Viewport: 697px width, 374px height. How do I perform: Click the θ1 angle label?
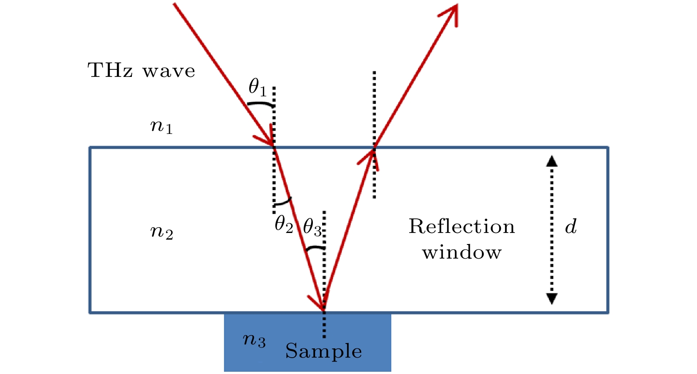(258, 87)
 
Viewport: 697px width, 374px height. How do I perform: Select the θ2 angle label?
(284, 225)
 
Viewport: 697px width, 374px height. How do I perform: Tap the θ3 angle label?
(312, 227)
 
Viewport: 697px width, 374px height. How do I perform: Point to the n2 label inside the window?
(162, 232)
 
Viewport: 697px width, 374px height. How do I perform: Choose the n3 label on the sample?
(254, 340)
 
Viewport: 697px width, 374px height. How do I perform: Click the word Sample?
(323, 351)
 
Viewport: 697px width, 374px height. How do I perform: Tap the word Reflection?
(462, 226)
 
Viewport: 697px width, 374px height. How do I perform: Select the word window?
(462, 252)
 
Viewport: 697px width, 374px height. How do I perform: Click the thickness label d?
(571, 226)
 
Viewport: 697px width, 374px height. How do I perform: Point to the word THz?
(110, 70)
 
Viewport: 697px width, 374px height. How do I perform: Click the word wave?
(169, 71)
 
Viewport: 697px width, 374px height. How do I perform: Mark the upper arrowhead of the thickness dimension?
(551, 161)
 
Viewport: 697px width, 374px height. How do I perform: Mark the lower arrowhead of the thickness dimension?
(551, 299)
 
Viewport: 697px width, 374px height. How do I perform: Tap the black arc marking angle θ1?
(260, 104)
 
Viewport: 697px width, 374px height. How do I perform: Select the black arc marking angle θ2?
(283, 202)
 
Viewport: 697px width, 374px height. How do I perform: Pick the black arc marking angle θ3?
(315, 248)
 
